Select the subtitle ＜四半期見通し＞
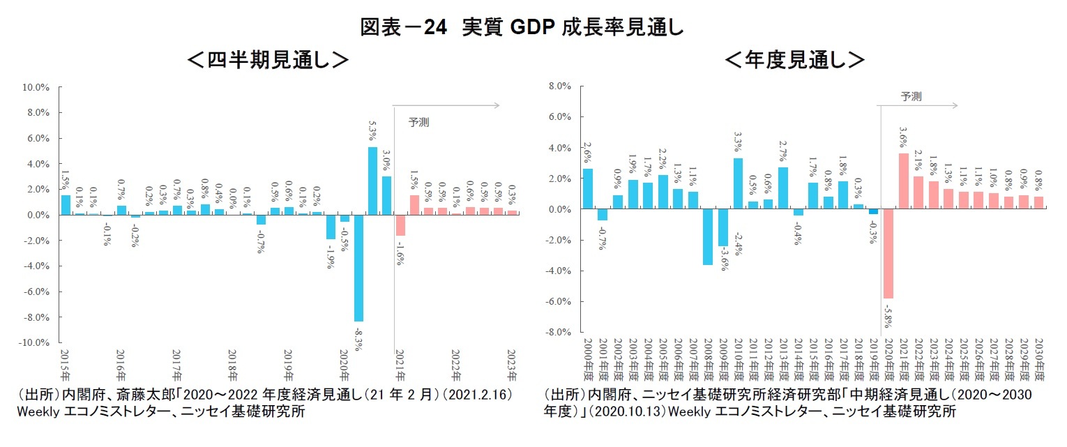pos(268,61)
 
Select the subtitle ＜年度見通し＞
pos(794,61)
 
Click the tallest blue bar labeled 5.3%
pos(373,181)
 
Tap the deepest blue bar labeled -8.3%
pos(358,268)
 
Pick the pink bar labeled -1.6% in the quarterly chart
pos(400,225)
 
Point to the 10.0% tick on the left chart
pos(36,87)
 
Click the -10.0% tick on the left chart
pos(35,343)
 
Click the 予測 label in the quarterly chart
pos(418,122)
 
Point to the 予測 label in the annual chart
pos(911,97)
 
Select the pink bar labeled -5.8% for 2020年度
pos(887,254)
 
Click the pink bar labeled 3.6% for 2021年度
pos(902,181)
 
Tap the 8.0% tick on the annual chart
pos(560,86)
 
